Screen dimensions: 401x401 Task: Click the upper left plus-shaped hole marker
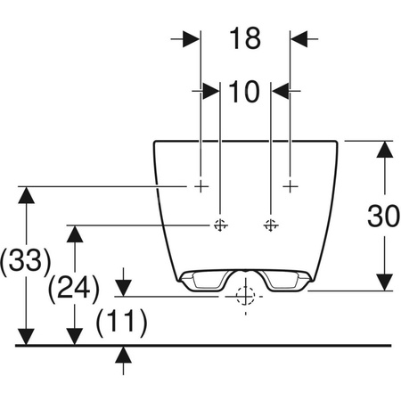[201, 185]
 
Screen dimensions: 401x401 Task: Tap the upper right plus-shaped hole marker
[290, 185]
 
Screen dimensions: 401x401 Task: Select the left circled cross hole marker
[219, 225]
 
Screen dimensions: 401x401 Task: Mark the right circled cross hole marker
[271, 225]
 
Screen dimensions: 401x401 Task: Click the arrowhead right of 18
[299, 38]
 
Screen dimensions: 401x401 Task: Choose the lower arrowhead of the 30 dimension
[383, 280]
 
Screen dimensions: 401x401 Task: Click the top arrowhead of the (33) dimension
[29, 195]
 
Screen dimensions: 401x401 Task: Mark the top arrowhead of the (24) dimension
[77, 234]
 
